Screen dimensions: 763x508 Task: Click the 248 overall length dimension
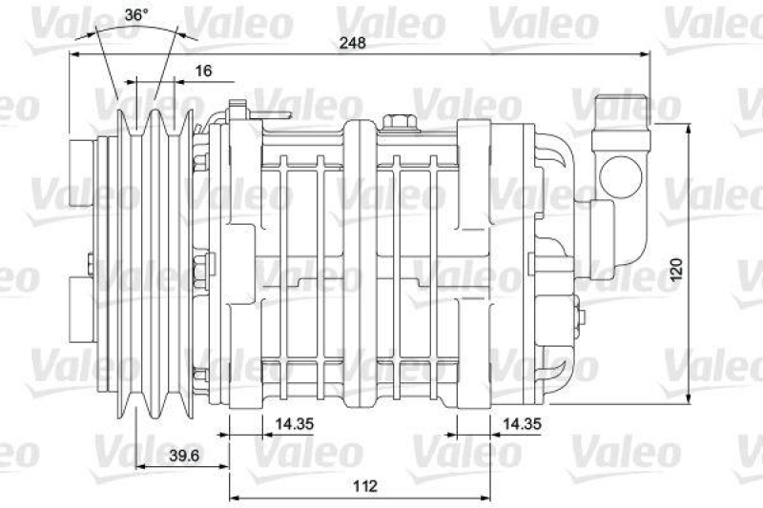tap(352, 43)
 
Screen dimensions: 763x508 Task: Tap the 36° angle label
tap(135, 14)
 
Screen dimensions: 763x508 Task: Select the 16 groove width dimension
tap(203, 71)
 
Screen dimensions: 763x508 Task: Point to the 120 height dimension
tap(676, 270)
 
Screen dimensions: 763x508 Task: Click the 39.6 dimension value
tap(184, 456)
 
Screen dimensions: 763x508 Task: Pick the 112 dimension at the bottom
tap(365, 486)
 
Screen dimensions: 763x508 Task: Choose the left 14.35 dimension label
tap(295, 424)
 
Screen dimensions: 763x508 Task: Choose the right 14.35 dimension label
tap(522, 424)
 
